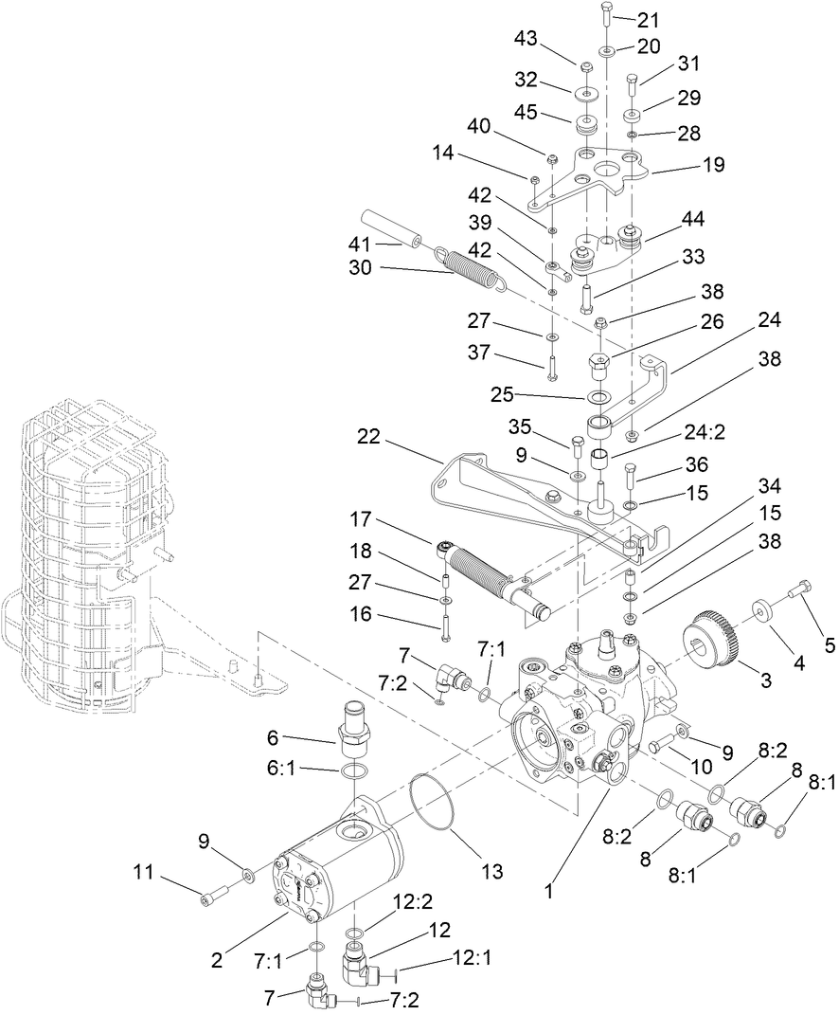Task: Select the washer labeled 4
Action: (x=762, y=608)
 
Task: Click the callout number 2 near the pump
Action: (x=217, y=959)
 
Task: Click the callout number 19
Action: (x=713, y=165)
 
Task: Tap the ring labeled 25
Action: (x=598, y=396)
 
